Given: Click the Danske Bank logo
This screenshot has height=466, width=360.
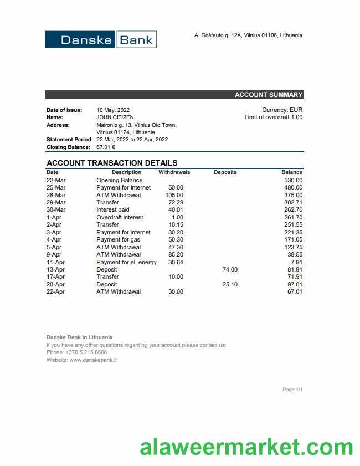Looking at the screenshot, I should [101, 40].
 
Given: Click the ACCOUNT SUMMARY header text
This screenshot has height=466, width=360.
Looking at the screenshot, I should [268, 95].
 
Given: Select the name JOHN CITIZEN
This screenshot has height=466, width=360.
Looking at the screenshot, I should [115, 117].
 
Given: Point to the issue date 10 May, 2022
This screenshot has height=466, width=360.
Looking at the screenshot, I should [113, 110].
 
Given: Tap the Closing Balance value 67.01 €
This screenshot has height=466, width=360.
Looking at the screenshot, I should [106, 147].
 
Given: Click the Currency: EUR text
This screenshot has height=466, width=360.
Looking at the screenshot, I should [282, 110].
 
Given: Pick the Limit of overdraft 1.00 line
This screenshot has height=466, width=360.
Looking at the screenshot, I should [273, 117].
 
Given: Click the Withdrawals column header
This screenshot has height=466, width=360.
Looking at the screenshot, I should [174, 172].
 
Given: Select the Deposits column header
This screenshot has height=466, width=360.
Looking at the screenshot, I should [225, 172].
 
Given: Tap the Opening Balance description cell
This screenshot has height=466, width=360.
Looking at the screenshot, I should [119, 180].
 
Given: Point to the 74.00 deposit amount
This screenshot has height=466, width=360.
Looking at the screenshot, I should [230, 269].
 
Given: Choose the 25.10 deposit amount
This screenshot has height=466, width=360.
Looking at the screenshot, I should [230, 284].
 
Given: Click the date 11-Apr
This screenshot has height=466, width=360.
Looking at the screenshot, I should [56, 262].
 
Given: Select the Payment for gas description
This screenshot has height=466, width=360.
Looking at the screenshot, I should [118, 239].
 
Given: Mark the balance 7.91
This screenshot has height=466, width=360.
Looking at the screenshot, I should [296, 262].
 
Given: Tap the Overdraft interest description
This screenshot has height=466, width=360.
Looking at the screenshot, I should [120, 217].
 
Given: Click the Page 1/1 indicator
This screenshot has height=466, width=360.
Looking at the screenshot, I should [292, 390].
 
